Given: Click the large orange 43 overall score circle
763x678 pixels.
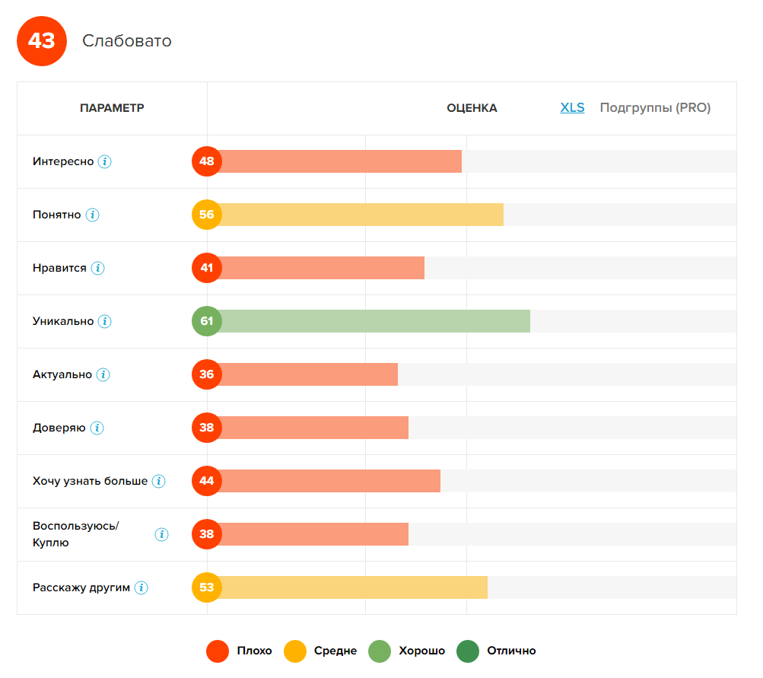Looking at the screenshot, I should [x=42, y=40].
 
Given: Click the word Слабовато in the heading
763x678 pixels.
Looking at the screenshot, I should [x=127, y=41].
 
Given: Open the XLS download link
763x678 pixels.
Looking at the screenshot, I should [x=572, y=108].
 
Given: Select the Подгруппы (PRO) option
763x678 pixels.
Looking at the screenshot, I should [x=655, y=108].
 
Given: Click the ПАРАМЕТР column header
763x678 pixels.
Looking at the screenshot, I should [x=112, y=108].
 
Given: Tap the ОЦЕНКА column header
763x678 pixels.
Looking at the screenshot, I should [x=472, y=108].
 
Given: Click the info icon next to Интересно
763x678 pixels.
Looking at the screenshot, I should [x=105, y=161].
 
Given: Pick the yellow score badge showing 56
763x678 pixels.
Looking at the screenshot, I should [x=207, y=215].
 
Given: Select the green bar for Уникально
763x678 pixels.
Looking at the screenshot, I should [x=373, y=321].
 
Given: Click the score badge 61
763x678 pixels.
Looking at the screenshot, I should [x=207, y=321].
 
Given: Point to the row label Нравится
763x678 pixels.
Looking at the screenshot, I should [x=59, y=268].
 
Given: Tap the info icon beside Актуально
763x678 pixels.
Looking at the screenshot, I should [x=103, y=374].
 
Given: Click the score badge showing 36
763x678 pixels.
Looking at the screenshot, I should [x=207, y=374].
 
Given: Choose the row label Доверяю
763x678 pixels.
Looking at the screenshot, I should [x=59, y=428].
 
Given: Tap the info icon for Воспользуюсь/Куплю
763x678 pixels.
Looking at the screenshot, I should [x=161, y=534].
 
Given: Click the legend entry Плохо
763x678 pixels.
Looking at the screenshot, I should [x=253, y=651].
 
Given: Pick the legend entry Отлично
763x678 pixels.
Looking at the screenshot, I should [x=511, y=651].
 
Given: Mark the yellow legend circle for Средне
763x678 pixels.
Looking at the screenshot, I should [x=295, y=651].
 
